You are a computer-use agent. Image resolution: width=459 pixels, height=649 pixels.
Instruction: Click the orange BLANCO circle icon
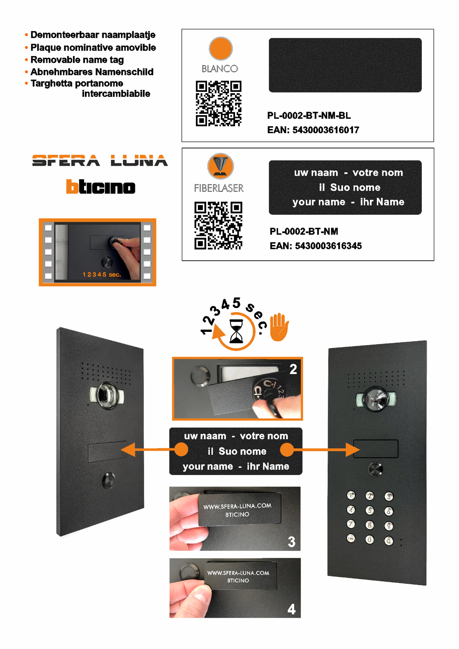click(221, 49)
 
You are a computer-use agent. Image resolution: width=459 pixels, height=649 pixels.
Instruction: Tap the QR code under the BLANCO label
click(218, 103)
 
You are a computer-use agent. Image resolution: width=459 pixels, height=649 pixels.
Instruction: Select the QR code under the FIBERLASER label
click(218, 225)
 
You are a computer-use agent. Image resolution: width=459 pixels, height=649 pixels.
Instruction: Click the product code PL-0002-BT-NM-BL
click(309, 116)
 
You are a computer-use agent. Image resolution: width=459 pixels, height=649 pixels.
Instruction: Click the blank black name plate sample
click(345, 65)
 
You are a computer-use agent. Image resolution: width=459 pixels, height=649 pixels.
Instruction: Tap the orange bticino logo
click(101, 187)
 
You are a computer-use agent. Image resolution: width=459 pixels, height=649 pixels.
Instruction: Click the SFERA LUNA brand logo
click(100, 161)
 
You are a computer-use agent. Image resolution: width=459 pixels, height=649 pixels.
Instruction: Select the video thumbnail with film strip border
click(97, 252)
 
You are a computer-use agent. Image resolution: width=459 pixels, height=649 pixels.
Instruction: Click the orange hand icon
click(279, 327)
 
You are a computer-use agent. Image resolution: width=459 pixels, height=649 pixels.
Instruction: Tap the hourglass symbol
click(236, 331)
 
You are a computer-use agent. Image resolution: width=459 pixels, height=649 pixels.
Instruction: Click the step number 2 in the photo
click(293, 369)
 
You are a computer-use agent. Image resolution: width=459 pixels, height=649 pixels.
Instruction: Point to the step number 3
click(291, 542)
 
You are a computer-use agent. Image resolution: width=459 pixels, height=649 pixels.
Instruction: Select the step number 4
click(291, 609)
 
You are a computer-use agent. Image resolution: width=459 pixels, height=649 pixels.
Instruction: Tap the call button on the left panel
click(109, 481)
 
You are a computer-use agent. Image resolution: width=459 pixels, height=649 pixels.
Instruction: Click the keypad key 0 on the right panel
click(369, 540)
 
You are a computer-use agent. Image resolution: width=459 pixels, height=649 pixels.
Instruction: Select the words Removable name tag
click(77, 60)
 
